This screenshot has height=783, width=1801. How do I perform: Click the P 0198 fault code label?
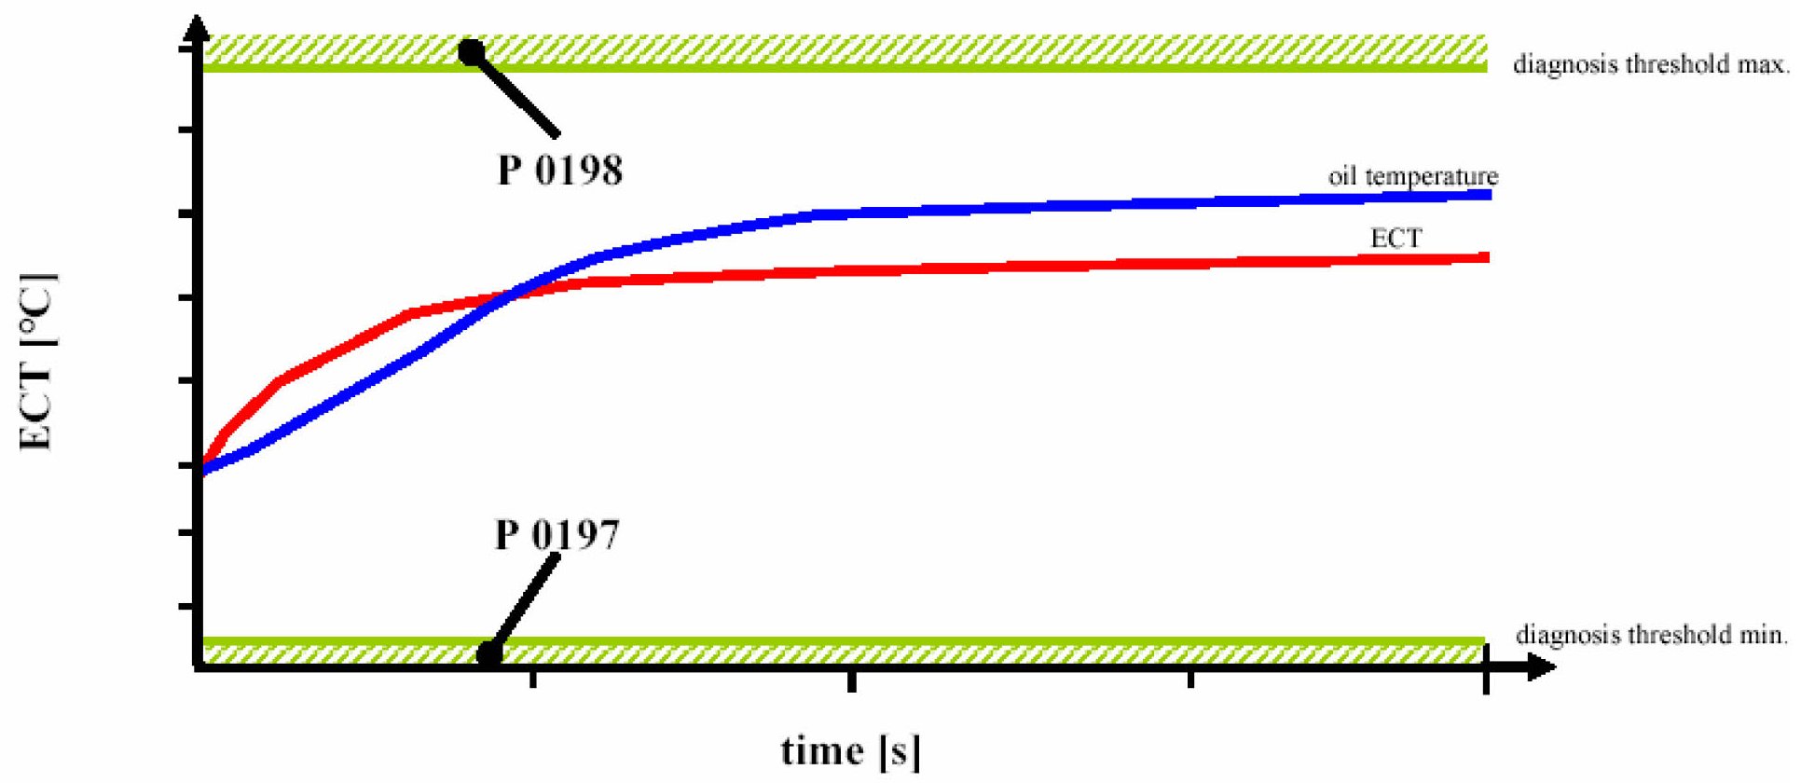[x=560, y=171]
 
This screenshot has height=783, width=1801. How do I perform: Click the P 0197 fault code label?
[x=557, y=535]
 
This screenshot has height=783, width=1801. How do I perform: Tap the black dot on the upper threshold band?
[x=472, y=51]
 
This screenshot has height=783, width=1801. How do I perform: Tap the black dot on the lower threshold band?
[x=489, y=653]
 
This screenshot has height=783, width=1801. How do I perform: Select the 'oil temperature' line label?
[x=1412, y=176]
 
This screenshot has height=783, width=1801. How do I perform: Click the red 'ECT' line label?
[x=1395, y=239]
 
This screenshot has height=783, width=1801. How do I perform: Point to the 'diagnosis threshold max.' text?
[x=1650, y=64]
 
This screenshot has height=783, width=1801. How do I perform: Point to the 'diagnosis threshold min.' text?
[x=1651, y=635]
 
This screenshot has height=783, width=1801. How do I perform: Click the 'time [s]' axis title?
[x=850, y=750]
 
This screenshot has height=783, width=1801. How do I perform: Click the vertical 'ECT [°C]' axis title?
[x=38, y=362]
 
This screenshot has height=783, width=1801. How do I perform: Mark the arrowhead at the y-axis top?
[x=197, y=30]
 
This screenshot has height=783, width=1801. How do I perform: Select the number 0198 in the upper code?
[x=578, y=171]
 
